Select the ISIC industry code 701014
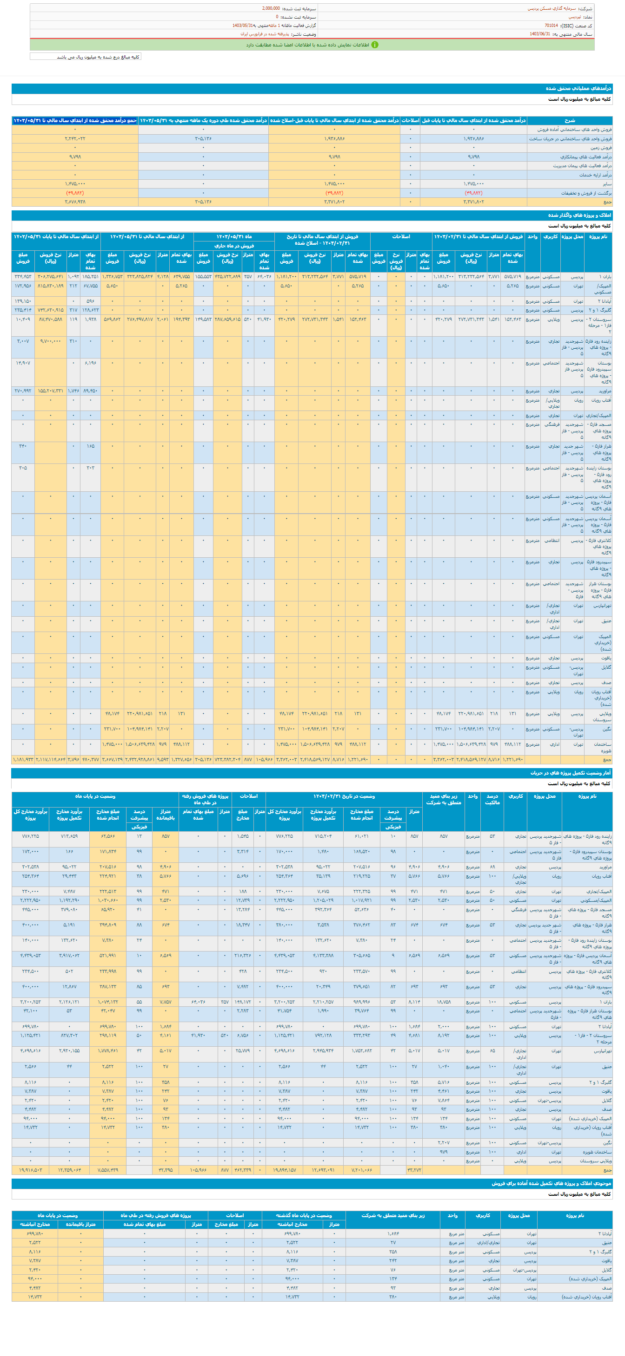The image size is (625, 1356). pyautogui.click(x=551, y=25)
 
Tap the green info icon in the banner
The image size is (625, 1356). pyautogui.click(x=375, y=45)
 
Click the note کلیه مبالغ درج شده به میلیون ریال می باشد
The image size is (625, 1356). pyautogui.click(x=98, y=57)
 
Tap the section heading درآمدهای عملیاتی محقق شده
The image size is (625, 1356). pyautogui.click(x=578, y=88)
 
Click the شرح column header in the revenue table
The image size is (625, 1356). pyautogui.click(x=569, y=121)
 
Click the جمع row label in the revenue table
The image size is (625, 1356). pyautogui.click(x=608, y=202)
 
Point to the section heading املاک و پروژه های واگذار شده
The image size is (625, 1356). pyautogui.click(x=579, y=215)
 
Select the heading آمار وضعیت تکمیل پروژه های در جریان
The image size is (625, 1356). pyautogui.click(x=570, y=773)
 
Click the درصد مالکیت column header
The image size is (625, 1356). pyautogui.click(x=492, y=799)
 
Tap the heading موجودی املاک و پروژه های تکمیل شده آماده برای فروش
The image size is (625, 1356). pyautogui.click(x=551, y=1183)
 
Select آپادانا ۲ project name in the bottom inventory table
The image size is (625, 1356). pyautogui.click(x=605, y=1233)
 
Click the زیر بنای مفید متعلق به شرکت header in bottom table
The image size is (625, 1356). pyautogui.click(x=392, y=1215)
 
